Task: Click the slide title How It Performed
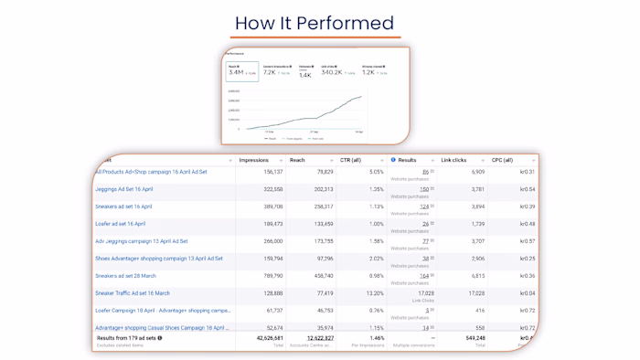click(x=315, y=23)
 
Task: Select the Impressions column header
click(x=254, y=160)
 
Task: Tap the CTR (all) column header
click(x=352, y=160)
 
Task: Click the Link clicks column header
click(x=454, y=160)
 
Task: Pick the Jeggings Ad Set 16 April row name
click(x=124, y=189)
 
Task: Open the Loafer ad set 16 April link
click(x=121, y=224)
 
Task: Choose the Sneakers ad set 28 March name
click(x=125, y=276)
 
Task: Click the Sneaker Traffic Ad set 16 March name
click(x=133, y=293)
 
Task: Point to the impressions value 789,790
click(x=272, y=276)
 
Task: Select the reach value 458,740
click(x=322, y=276)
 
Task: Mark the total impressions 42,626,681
click(x=264, y=338)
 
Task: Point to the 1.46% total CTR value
click(x=376, y=338)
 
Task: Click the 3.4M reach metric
click(x=236, y=72)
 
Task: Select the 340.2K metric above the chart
click(x=331, y=72)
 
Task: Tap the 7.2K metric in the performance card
click(x=270, y=72)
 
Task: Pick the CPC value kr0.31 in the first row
click(x=527, y=172)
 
